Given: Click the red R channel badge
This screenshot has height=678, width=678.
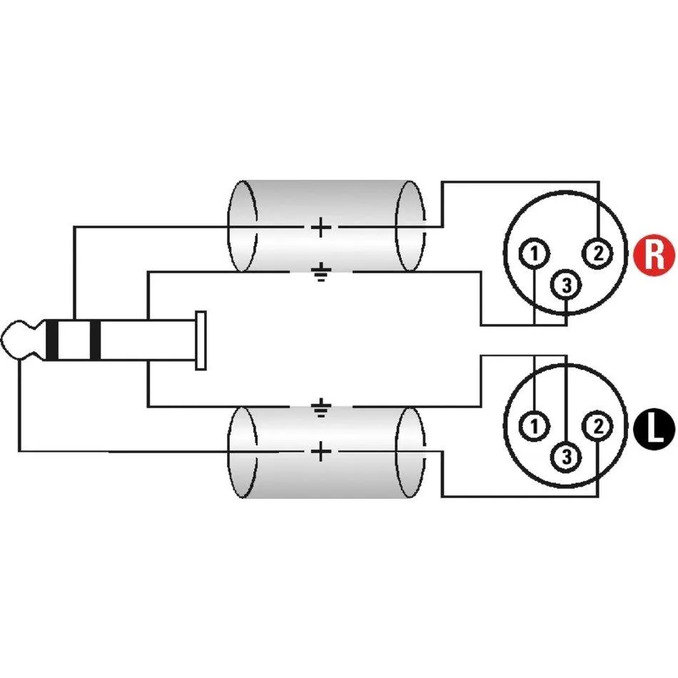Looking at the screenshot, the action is click(654, 255).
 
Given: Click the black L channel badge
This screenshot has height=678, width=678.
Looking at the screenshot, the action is click(654, 430).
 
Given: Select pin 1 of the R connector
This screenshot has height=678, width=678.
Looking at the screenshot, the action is click(535, 253).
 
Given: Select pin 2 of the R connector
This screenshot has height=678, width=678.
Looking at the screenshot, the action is click(598, 253).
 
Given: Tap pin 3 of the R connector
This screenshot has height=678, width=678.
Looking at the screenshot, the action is click(567, 285).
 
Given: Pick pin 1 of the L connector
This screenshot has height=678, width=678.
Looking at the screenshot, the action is click(535, 426).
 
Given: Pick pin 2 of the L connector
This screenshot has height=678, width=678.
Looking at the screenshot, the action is click(598, 426).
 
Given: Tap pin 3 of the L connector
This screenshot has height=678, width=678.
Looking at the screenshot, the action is click(567, 457).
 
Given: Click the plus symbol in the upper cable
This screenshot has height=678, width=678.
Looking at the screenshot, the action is click(321, 227).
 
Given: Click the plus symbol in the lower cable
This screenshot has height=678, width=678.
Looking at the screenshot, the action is click(321, 452).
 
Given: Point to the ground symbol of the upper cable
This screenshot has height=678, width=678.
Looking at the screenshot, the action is click(321, 273).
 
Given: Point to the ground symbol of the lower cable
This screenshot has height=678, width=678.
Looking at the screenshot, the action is click(321, 407).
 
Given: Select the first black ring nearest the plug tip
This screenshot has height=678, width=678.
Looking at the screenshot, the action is click(51, 340).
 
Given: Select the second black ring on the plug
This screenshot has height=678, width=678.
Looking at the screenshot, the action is click(95, 340).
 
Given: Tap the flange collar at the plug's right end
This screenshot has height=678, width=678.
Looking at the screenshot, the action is click(201, 340).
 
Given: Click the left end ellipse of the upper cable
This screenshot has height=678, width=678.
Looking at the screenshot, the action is click(228, 226).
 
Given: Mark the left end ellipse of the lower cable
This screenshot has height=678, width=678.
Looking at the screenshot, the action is click(228, 452).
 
